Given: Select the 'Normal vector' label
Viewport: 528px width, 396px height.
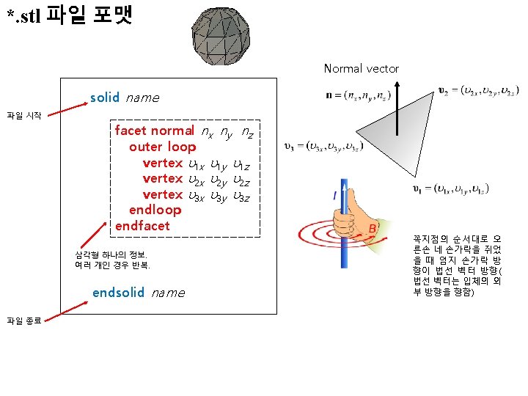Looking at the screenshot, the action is tap(362, 68).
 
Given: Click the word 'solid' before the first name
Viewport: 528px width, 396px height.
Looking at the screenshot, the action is tap(104, 98).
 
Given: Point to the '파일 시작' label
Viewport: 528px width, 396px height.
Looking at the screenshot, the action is tap(24, 115).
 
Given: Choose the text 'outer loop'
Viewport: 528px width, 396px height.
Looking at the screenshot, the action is tap(162, 147).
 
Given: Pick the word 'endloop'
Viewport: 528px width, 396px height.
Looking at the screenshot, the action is tap(155, 210).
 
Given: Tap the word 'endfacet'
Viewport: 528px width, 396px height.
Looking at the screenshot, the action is tap(142, 225).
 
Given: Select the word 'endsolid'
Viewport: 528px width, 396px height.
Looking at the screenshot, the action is tap(118, 293).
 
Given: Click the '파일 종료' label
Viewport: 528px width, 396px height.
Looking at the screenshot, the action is tap(24, 319).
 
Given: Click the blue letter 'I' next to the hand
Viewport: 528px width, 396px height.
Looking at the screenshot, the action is tap(335, 197).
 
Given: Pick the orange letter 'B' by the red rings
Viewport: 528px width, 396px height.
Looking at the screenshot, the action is tap(372, 229).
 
